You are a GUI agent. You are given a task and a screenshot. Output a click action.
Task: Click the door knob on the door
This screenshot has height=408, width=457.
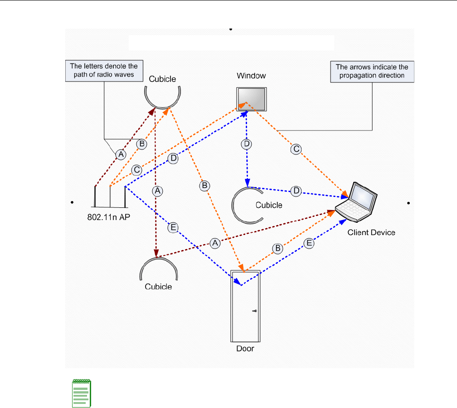255,311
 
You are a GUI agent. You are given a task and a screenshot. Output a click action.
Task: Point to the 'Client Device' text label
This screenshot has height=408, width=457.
371,233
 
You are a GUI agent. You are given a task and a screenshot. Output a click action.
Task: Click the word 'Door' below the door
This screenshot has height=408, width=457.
245,348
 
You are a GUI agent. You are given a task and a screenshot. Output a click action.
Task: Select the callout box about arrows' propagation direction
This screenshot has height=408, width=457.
372,71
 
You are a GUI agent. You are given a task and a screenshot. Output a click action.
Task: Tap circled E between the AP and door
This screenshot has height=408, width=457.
172,228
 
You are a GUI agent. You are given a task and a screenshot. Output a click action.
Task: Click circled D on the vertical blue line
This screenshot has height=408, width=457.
247,144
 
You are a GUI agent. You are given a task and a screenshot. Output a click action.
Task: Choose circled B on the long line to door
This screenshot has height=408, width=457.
205,185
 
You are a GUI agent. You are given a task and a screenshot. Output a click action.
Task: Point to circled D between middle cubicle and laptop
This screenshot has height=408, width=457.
296,191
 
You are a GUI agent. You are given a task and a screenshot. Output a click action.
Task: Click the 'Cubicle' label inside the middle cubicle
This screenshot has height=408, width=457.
269,205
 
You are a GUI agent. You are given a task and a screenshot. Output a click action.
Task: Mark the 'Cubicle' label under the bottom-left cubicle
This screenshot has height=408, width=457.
158,287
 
